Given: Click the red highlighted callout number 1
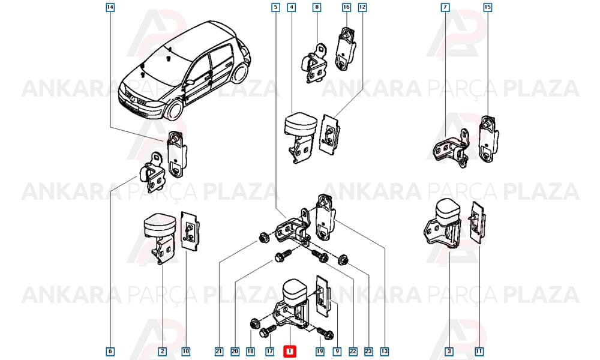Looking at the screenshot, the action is [x=290, y=351].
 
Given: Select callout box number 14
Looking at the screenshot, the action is [x=110, y=7].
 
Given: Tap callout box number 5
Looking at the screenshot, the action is [x=275, y=7].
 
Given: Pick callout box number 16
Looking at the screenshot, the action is [x=346, y=7].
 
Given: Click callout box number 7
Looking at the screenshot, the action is [x=445, y=7].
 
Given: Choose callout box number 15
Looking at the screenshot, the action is [x=487, y=7].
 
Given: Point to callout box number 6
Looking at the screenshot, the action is [x=110, y=351].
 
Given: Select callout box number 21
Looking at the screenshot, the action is [x=219, y=351].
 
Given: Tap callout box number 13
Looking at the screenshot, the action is [x=385, y=351].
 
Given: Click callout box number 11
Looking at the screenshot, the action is [x=479, y=351].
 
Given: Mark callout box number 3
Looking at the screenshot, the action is [x=449, y=351].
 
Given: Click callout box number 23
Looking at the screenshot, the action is [x=368, y=351].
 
